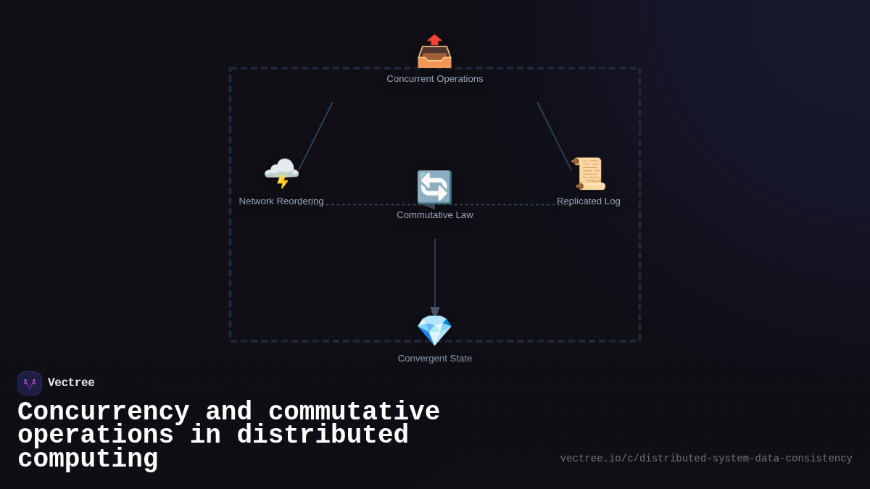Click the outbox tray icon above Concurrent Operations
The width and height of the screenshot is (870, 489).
[x=434, y=51]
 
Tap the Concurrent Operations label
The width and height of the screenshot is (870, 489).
[x=434, y=79]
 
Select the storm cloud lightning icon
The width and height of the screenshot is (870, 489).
[x=281, y=174]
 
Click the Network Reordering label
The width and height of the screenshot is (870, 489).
[x=281, y=201]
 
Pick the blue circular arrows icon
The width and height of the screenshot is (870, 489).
[x=434, y=188]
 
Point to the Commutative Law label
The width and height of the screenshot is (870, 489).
[x=434, y=215]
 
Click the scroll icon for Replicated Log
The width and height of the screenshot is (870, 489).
[x=588, y=174]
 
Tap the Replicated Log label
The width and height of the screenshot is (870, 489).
[x=588, y=201]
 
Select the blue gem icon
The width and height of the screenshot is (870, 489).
[x=434, y=330]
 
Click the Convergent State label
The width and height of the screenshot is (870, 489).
[x=434, y=359]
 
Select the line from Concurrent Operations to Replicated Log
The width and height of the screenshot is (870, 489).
[x=554, y=136]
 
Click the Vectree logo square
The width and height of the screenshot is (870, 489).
[x=30, y=383]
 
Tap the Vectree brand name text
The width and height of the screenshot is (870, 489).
[x=71, y=383]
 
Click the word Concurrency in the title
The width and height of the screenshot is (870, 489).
[x=103, y=412]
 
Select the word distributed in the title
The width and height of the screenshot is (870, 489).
[x=322, y=435]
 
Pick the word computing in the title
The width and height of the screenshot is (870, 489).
[x=88, y=459]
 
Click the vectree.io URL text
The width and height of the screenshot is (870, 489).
[x=705, y=459]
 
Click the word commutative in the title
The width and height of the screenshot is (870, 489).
[x=354, y=412]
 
